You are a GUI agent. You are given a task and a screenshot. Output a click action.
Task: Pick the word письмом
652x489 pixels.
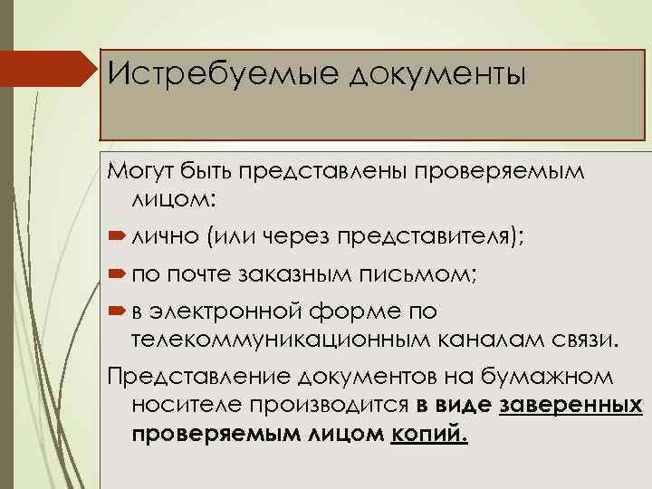pyautogui.click(x=430, y=273)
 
